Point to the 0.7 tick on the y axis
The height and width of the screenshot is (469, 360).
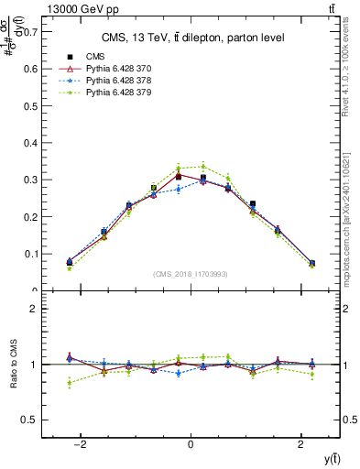tap(32, 31)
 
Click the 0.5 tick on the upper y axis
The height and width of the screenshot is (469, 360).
tap(32, 105)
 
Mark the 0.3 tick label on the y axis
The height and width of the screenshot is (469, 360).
tap(32, 180)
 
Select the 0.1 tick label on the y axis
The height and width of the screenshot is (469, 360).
tap(32, 254)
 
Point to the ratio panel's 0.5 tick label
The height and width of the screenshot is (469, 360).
tap(32, 420)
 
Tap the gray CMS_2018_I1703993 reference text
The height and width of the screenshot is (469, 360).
tap(191, 274)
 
